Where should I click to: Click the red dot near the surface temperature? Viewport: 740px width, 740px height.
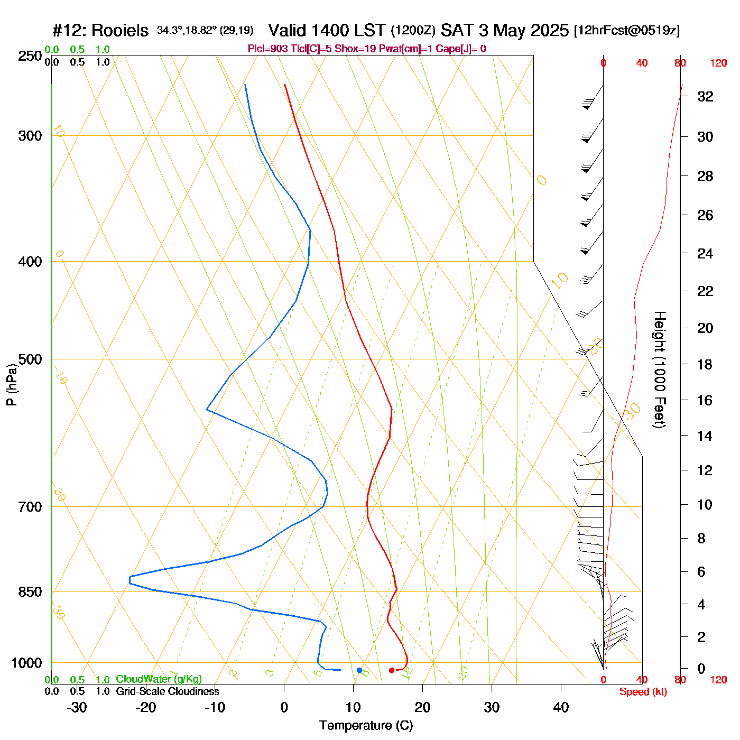pyautogui.click(x=392, y=670)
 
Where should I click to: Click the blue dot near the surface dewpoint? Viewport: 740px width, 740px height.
pyautogui.click(x=359, y=670)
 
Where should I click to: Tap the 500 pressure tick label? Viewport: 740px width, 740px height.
pyautogui.click(x=30, y=359)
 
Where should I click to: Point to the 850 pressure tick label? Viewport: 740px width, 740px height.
pyautogui.click(x=30, y=592)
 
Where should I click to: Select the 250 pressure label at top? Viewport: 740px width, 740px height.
pyautogui.click(x=30, y=56)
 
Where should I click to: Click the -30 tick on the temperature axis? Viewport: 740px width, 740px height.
pyautogui.click(x=77, y=707)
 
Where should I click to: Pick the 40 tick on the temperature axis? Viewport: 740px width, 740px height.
pyautogui.click(x=561, y=707)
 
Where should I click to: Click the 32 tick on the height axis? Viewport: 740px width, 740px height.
pyautogui.click(x=705, y=96)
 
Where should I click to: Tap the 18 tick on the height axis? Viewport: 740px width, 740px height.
pyautogui.click(x=705, y=364)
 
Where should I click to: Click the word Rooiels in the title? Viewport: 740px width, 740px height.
pyautogui.click(x=120, y=31)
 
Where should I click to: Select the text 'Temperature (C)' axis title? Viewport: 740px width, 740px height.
pyautogui.click(x=366, y=726)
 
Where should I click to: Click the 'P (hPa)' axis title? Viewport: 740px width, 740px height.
pyautogui.click(x=12, y=384)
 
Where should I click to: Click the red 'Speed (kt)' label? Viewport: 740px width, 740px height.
pyautogui.click(x=643, y=692)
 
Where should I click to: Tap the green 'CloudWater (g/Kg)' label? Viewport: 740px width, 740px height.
pyautogui.click(x=159, y=679)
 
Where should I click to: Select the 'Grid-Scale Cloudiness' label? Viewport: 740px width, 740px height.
pyautogui.click(x=168, y=691)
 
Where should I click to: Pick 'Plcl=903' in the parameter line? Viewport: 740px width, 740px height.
pyautogui.click(x=268, y=49)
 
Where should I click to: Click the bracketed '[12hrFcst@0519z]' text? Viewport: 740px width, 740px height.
pyautogui.click(x=627, y=31)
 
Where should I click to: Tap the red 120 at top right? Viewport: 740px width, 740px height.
pyautogui.click(x=718, y=63)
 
